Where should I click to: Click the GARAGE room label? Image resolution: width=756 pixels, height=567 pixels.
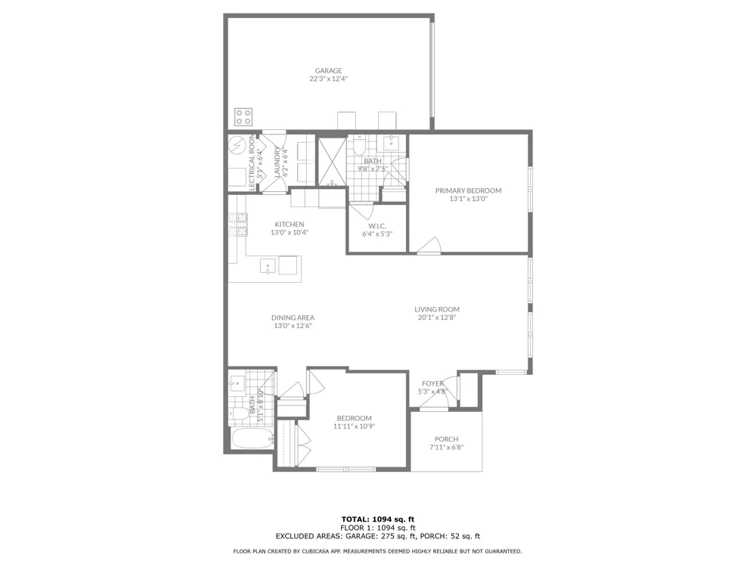pyautogui.click(x=328, y=71)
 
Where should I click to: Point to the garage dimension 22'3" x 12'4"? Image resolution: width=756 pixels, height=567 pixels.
pyautogui.click(x=328, y=79)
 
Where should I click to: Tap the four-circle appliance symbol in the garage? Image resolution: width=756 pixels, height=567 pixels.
pyautogui.click(x=243, y=116)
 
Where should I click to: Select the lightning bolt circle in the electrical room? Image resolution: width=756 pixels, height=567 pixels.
pyautogui.click(x=237, y=144)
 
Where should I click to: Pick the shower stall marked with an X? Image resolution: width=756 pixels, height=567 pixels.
pyautogui.click(x=332, y=162)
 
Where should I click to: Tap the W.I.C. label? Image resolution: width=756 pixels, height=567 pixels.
pyautogui.click(x=377, y=226)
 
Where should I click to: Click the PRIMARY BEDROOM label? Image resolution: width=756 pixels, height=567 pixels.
pyautogui.click(x=468, y=191)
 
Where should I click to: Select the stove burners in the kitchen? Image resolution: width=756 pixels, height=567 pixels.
pyautogui.click(x=237, y=225)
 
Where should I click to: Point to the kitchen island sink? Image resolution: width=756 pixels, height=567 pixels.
pyautogui.click(x=268, y=265)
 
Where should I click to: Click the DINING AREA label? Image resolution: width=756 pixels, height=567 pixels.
pyautogui.click(x=293, y=318)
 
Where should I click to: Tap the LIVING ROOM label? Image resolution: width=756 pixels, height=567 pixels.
pyautogui.click(x=437, y=309)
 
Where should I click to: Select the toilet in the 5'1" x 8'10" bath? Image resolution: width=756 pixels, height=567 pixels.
pyautogui.click(x=239, y=413)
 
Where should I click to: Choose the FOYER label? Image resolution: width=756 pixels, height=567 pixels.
pyautogui.click(x=432, y=384)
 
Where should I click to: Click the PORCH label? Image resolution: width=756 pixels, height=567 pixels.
pyautogui.click(x=447, y=439)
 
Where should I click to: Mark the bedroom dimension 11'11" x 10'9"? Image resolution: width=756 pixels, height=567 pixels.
pyautogui.click(x=355, y=426)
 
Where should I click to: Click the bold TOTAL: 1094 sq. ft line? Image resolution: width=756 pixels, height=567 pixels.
pyautogui.click(x=378, y=519)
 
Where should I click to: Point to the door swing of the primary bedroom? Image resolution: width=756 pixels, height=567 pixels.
pyautogui.click(x=429, y=244)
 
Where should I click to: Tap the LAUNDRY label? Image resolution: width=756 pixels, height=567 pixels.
pyautogui.click(x=277, y=162)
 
